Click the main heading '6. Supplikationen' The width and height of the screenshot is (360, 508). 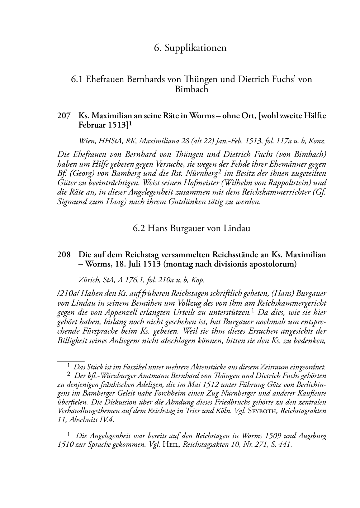point(190,48)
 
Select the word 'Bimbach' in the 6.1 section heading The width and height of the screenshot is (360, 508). point(191,89)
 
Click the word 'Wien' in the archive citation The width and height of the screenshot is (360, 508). point(86,141)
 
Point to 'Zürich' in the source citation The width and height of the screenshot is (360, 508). point(88,279)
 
